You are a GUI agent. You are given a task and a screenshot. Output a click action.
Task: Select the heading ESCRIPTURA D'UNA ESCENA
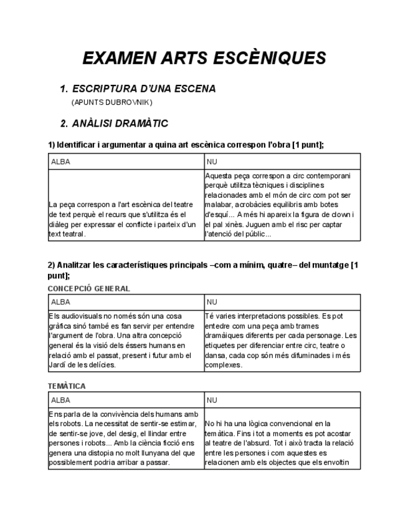point(144,89)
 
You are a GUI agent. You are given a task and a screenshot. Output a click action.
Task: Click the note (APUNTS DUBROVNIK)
point(112,102)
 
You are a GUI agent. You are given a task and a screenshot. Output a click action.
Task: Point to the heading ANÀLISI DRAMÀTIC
point(120,124)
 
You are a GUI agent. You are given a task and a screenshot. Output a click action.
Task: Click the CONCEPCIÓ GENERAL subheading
point(88,288)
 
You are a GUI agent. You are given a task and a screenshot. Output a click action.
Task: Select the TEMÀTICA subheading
point(67,386)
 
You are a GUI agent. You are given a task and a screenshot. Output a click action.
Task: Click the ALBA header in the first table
point(60,162)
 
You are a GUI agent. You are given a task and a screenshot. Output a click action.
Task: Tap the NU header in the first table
point(212,162)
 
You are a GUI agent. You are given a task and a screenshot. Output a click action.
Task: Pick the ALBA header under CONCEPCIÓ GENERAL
point(60,301)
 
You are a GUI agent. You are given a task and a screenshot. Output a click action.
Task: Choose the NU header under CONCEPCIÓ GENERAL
point(212,301)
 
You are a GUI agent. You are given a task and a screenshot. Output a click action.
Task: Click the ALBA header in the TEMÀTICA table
point(60,400)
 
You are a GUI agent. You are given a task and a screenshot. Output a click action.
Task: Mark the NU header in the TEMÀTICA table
point(212,400)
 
